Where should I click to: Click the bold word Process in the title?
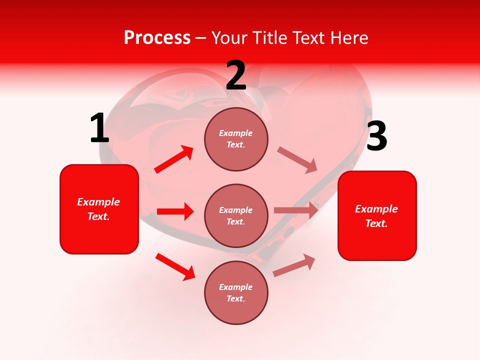157,38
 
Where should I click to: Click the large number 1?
99,128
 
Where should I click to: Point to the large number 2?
236,75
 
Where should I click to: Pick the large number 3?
376,136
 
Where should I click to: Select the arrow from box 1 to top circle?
173,159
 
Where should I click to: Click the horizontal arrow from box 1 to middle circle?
174,211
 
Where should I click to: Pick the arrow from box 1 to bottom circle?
175,266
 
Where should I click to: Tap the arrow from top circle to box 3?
297,160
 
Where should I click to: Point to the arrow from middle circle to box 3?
296,210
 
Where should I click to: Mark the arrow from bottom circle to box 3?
294,265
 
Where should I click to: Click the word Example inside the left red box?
98,202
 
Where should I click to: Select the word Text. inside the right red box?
376,223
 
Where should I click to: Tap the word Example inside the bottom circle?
236,287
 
